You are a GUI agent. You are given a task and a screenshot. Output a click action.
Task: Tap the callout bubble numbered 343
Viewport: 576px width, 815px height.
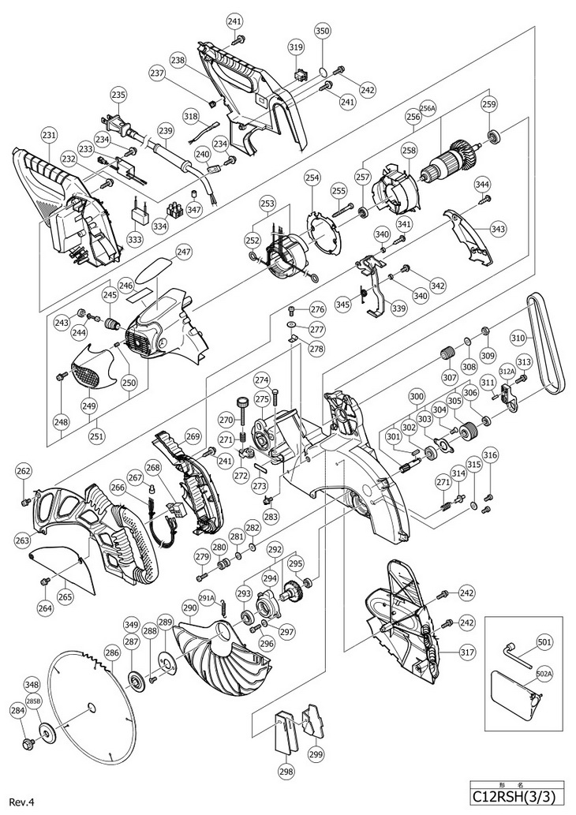click(x=498, y=229)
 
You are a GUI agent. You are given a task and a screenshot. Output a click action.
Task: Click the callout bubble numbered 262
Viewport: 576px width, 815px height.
click(x=24, y=472)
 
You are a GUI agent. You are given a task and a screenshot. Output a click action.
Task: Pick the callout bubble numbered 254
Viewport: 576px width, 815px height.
click(x=312, y=178)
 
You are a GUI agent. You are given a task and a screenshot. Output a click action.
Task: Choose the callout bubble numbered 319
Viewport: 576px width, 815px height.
click(x=296, y=48)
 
